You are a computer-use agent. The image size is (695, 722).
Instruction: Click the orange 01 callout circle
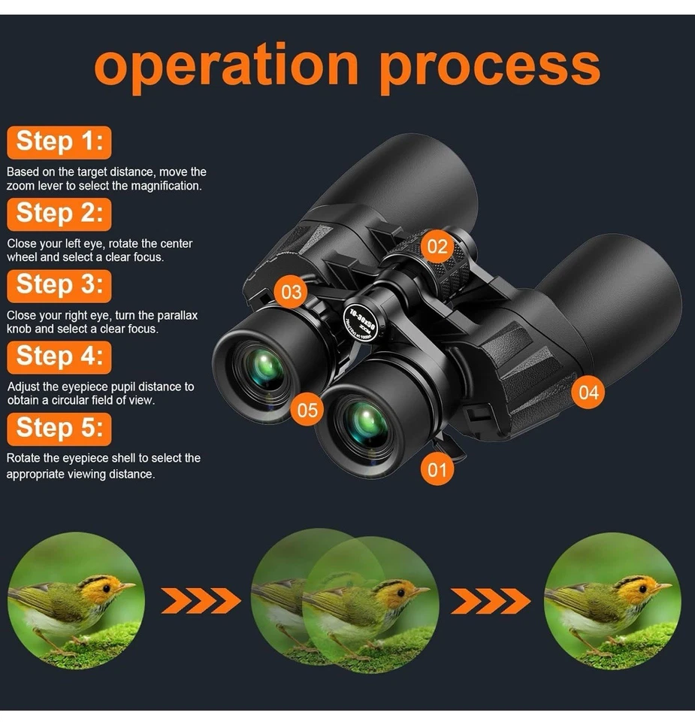[437, 471]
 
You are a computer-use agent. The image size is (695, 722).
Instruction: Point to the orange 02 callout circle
[437, 246]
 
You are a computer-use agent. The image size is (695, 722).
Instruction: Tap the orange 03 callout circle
[292, 292]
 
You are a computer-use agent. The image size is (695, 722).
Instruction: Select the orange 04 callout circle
[589, 392]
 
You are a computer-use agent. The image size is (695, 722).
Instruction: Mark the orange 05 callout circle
[307, 410]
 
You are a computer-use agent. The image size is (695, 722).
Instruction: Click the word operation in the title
[227, 66]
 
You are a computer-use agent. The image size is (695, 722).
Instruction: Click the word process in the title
[490, 66]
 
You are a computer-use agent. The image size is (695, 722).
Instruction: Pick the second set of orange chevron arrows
[490, 600]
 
